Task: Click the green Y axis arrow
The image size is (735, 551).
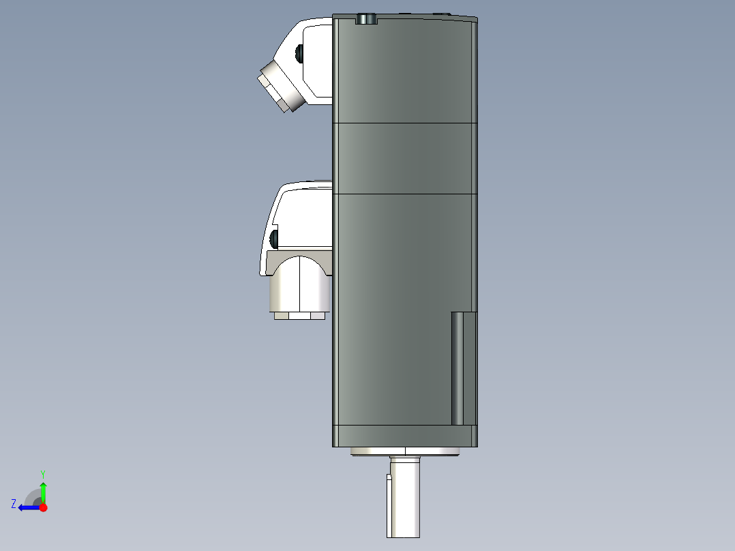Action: pyautogui.click(x=43, y=492)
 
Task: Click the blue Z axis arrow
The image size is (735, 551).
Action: pyautogui.click(x=27, y=507)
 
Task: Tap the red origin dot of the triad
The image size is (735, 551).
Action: pyautogui.click(x=43, y=507)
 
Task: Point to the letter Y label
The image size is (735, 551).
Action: pyautogui.click(x=42, y=473)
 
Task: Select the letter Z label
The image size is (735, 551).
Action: pyautogui.click(x=14, y=503)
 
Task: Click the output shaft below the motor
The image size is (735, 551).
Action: pyautogui.click(x=407, y=498)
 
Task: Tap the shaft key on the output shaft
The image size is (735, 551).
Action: pyautogui.click(x=389, y=505)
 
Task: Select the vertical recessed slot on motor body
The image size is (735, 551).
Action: pyautogui.click(x=463, y=368)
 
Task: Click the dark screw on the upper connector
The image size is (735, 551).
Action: pyautogui.click(x=299, y=53)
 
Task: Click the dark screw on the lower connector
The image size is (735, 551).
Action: pyautogui.click(x=274, y=239)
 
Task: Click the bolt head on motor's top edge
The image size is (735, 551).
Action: pyautogui.click(x=367, y=18)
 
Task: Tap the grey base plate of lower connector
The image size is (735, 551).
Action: pyautogui.click(x=280, y=260)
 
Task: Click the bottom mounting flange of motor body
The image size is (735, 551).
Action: pyautogui.click(x=404, y=436)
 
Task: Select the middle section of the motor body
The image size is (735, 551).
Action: pyautogui.click(x=404, y=158)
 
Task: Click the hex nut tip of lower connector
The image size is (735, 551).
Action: pyautogui.click(x=299, y=316)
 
